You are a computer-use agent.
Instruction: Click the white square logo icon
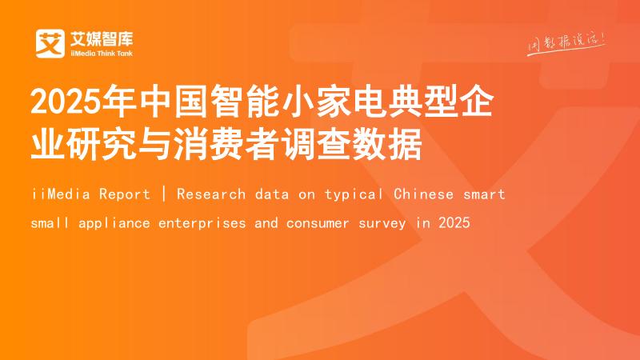pyautogui.click(x=50, y=43)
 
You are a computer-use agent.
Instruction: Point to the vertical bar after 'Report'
pyautogui.click(x=163, y=194)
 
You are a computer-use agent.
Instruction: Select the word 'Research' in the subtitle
pyautogui.click(x=204, y=194)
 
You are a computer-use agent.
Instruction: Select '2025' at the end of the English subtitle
pyautogui.click(x=454, y=222)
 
